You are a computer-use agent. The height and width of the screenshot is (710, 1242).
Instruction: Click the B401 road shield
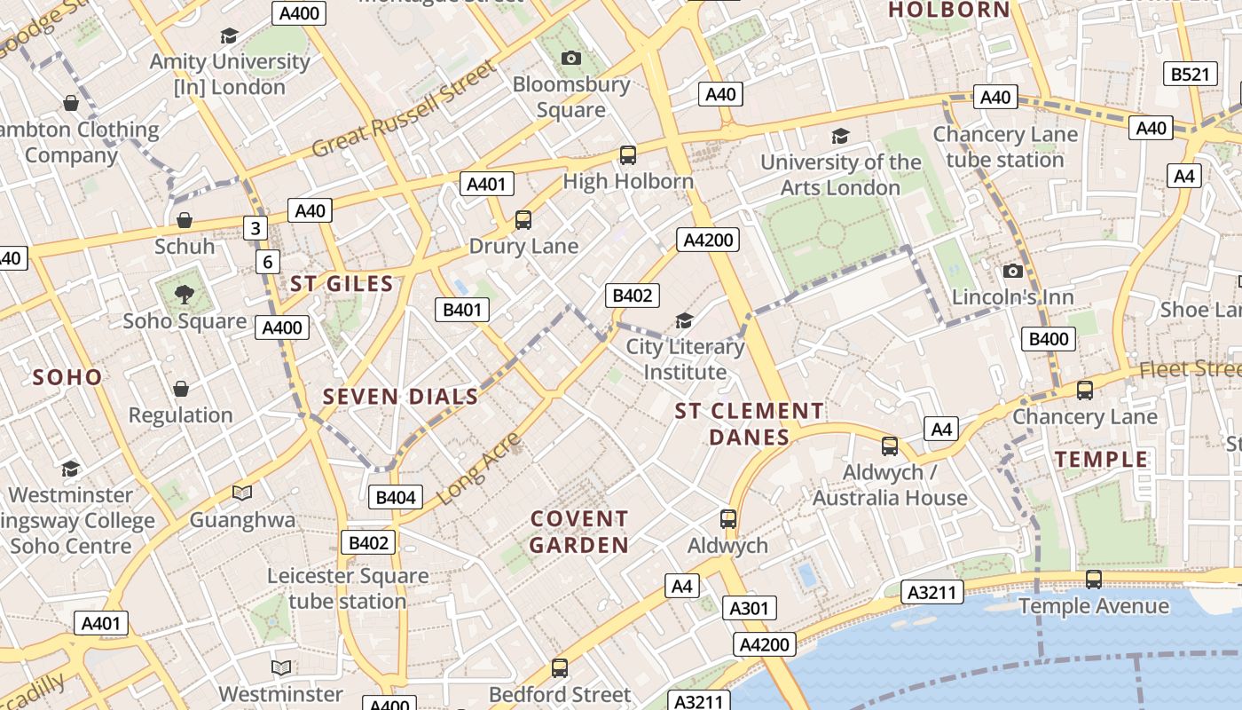[x=462, y=310]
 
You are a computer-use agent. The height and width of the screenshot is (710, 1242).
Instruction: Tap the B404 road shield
[x=396, y=497]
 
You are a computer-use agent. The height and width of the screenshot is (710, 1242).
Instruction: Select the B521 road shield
[x=1189, y=75]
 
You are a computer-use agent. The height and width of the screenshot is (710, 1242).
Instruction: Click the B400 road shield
[x=1048, y=338]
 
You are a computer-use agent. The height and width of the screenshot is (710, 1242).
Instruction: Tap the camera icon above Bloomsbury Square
[x=571, y=59]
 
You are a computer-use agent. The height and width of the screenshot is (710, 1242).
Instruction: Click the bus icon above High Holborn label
[x=628, y=155]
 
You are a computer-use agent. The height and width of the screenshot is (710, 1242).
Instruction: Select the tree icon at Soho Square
[x=185, y=295]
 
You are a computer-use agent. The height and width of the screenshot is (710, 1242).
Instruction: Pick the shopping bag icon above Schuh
[x=185, y=220]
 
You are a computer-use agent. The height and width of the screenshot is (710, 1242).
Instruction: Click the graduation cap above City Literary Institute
[x=684, y=320]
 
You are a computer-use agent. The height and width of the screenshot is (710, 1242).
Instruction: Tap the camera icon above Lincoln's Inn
[x=1013, y=271]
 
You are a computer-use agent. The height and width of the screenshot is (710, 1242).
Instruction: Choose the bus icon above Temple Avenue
[x=1094, y=580]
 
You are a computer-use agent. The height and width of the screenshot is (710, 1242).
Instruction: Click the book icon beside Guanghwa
[x=242, y=493]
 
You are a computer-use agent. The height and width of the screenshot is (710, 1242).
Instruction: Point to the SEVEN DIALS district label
[x=401, y=397]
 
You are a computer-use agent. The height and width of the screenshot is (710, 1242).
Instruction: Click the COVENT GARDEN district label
[x=579, y=532]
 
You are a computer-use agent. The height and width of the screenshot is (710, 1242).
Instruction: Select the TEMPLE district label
[x=1101, y=459]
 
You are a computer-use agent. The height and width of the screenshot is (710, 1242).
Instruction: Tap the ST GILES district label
[x=342, y=284]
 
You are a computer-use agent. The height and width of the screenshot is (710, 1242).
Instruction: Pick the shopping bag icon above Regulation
[x=181, y=389]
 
